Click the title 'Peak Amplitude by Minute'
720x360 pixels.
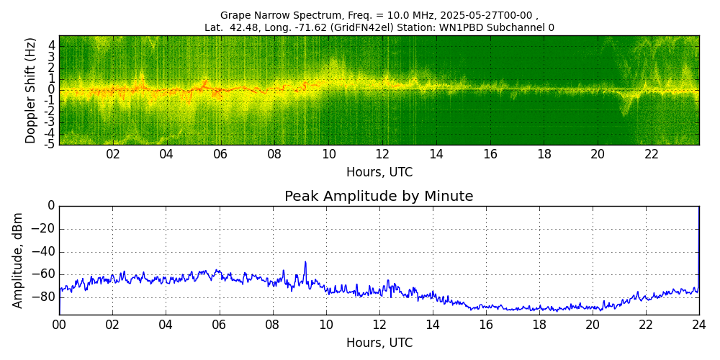pos(379,196)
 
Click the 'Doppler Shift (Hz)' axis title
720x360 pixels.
pos(31,90)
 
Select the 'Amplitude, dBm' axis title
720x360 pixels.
pos(19,260)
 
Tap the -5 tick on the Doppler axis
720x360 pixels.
pos(50,144)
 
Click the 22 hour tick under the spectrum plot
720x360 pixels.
pos(652,154)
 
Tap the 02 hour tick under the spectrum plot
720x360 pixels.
pos(113,154)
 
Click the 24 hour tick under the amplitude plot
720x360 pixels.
pos(698,325)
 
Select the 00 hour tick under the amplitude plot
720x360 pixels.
pos(59,325)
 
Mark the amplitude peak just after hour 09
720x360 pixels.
pos(305,262)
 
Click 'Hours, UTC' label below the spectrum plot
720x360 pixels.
pos(379,172)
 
